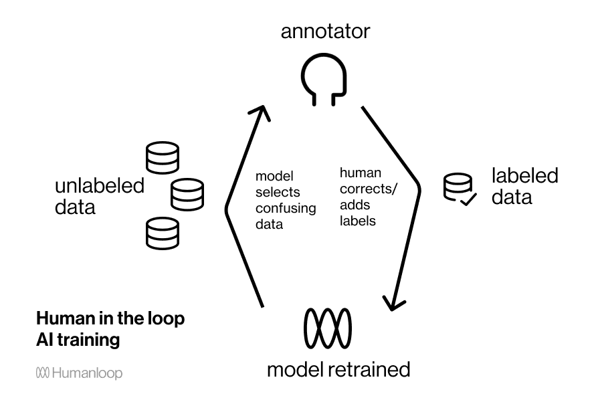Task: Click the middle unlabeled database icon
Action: pos(187,195)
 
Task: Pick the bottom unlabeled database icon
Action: pos(163,233)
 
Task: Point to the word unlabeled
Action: pos(99,186)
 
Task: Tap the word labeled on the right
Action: pos(524,176)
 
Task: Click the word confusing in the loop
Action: pos(286,208)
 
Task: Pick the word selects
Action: pos(274,193)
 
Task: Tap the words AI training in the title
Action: pos(78,340)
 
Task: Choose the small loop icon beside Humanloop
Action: pos(42,373)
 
